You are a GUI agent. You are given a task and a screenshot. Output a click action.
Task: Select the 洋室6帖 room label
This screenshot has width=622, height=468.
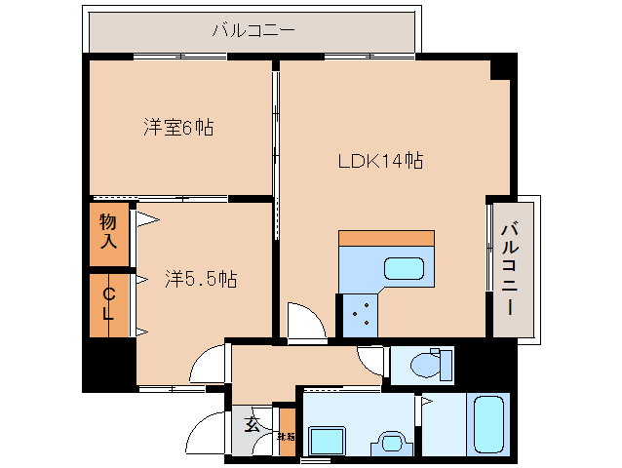click(x=178, y=127)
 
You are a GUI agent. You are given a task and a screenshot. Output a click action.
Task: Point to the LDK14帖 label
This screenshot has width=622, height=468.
click(x=379, y=161)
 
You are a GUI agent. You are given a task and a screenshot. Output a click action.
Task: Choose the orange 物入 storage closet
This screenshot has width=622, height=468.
click(x=108, y=232)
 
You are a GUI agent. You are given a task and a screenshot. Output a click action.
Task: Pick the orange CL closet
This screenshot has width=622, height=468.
click(x=108, y=304)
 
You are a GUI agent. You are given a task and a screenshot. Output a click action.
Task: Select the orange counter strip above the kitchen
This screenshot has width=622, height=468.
click(x=386, y=238)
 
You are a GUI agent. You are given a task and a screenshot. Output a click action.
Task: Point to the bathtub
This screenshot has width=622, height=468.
click(x=487, y=423)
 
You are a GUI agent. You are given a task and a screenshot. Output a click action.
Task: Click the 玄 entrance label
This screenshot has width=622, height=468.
click(x=253, y=425)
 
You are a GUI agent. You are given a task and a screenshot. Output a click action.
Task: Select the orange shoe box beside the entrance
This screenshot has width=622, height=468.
click(x=286, y=428)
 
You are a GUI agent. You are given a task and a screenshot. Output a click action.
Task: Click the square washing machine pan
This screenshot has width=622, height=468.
click(x=325, y=441)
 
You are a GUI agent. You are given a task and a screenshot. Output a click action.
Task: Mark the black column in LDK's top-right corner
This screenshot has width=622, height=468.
click(x=501, y=69)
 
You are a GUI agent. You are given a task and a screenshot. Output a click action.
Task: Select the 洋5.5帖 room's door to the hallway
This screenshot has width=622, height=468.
click(x=209, y=366)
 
